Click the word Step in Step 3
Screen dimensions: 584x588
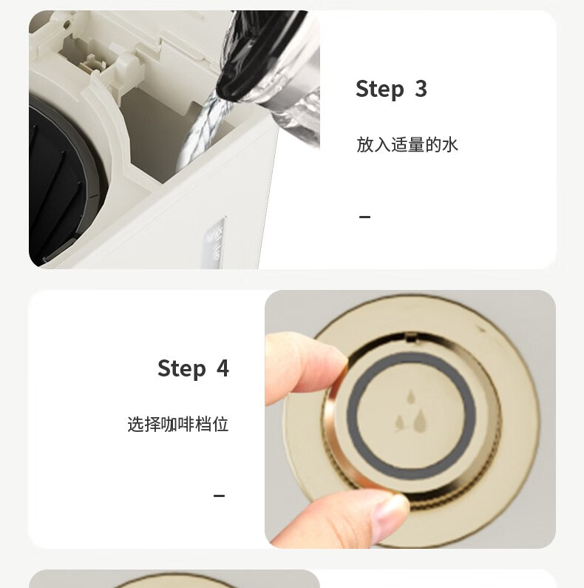[380, 89]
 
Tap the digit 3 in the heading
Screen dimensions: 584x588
[421, 89]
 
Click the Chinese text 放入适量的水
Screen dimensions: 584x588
[407, 144]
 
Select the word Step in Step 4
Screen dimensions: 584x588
[182, 368]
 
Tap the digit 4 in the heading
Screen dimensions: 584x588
[223, 368]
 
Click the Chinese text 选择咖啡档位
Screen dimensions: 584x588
[177, 424]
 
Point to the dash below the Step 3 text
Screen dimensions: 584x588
[364, 217]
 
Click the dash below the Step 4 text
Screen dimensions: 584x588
[219, 496]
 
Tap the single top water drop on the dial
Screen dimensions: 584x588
[411, 396]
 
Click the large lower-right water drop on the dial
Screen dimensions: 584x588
[420, 420]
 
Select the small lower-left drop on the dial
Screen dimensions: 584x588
[401, 423]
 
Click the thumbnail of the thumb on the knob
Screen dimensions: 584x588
[390, 515]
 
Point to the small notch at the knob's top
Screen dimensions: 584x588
[411, 337]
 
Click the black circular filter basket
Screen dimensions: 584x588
[60, 180]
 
